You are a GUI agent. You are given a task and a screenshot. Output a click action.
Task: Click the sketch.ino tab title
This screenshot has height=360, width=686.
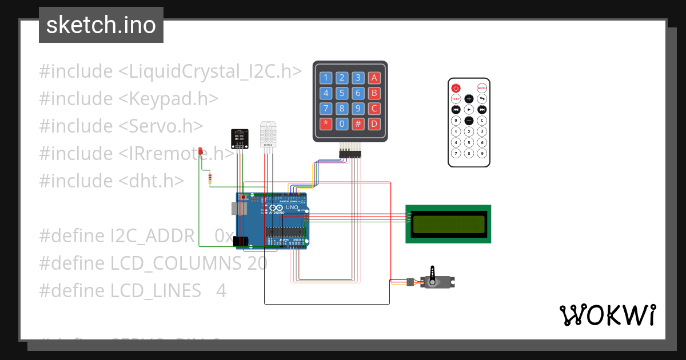pyautogui.click(x=101, y=25)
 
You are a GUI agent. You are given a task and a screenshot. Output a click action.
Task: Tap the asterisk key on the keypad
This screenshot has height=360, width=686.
pyautogui.click(x=326, y=123)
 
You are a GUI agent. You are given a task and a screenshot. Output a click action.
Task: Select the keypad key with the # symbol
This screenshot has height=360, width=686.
pyautogui.click(x=358, y=123)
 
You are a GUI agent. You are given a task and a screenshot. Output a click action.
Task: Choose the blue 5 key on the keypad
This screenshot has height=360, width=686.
pyautogui.click(x=342, y=93)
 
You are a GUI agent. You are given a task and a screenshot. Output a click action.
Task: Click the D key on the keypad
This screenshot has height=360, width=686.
pyautogui.click(x=374, y=123)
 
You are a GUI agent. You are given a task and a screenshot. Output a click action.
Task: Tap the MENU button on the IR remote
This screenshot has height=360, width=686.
pyautogui.click(x=482, y=88)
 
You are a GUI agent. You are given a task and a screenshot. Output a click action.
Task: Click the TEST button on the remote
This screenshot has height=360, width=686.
pyautogui.click(x=456, y=99)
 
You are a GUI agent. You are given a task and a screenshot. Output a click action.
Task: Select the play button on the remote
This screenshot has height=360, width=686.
pyautogui.click(x=469, y=110)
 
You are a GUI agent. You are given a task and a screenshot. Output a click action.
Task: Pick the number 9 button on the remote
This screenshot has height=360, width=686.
pyautogui.click(x=482, y=153)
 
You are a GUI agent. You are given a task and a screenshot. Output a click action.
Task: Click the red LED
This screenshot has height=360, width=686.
pyautogui.click(x=200, y=151)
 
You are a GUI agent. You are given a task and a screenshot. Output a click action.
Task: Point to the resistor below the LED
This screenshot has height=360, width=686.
pyautogui.click(x=210, y=179)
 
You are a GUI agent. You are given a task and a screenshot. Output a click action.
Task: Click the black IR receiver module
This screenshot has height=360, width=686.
pyautogui.click(x=240, y=138)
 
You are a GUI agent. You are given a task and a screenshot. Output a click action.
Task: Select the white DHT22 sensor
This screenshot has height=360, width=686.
pyautogui.click(x=268, y=134)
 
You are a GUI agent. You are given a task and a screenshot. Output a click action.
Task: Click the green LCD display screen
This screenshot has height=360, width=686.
pyautogui.click(x=448, y=224)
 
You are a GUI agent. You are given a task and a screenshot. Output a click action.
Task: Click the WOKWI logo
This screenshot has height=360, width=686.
pyautogui.click(x=607, y=315)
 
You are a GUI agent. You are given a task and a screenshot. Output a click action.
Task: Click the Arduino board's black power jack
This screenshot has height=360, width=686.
pyautogui.click(x=242, y=242)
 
